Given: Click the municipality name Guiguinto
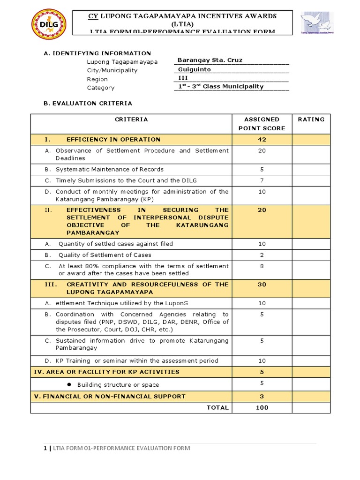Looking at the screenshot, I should pos(195,69).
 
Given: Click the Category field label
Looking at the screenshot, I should pos(100,88).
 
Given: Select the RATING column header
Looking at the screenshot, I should pos(311,120).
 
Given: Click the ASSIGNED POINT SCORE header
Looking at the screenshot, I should pos(262,124).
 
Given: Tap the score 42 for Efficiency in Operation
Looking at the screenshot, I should pos(262,140).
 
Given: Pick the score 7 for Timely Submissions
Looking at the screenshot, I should pos(262,180).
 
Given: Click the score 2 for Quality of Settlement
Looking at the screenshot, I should pos(262,255).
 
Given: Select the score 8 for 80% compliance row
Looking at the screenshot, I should pos(262,266).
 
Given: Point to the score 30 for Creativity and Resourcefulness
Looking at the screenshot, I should pos(262,285).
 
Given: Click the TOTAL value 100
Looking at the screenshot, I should pos(262,407).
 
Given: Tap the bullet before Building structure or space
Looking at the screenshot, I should pos(68,384).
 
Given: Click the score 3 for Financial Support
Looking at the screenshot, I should pos(262,396).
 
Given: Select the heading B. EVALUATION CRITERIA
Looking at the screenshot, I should pos(88,103).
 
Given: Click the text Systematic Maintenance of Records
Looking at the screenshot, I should pos(109,169).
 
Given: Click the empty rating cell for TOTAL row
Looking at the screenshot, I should pos(311,407).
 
